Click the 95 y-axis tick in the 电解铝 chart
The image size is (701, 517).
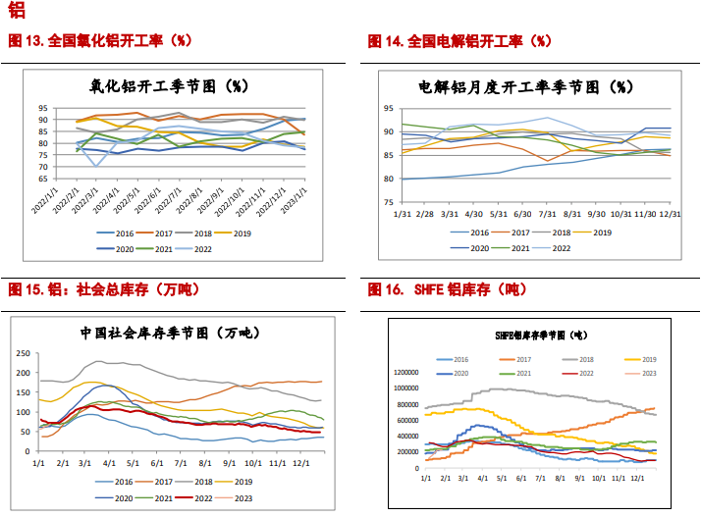pyautogui.click(x=388, y=109)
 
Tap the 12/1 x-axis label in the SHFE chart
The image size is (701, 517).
pyautogui.click(x=637, y=478)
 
